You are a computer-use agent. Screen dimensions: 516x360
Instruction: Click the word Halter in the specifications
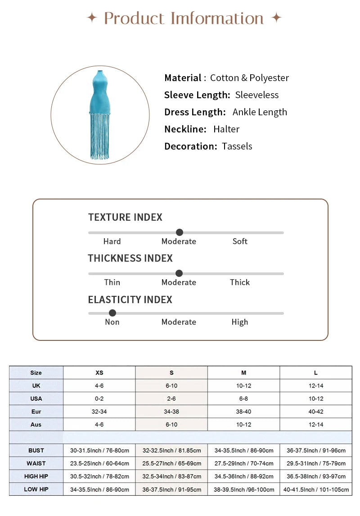(226, 129)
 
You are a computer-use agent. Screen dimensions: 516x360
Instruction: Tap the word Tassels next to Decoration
(237, 146)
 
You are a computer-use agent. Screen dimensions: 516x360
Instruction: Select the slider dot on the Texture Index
(180, 232)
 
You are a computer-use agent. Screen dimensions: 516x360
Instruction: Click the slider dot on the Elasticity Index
(112, 313)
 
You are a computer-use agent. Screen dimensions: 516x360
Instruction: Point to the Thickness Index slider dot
(179, 273)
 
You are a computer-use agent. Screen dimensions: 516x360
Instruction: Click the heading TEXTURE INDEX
(125, 217)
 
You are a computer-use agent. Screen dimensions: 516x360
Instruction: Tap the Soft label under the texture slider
(240, 241)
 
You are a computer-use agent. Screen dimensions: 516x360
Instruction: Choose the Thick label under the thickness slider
(240, 282)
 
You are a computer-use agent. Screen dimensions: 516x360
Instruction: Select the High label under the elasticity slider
(240, 322)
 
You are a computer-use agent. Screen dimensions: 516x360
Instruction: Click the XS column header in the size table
(99, 373)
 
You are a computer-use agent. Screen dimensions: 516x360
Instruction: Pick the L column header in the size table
(316, 373)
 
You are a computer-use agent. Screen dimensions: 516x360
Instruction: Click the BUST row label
(36, 450)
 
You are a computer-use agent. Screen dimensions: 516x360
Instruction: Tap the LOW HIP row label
(36, 489)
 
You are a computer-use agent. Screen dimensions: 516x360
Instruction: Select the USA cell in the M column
(243, 399)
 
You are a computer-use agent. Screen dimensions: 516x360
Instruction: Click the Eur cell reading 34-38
(171, 412)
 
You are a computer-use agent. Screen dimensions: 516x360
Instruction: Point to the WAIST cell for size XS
(99, 463)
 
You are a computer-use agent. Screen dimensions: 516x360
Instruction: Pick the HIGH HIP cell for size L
(316, 476)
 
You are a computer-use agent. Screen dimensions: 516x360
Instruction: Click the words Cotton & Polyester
(249, 78)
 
